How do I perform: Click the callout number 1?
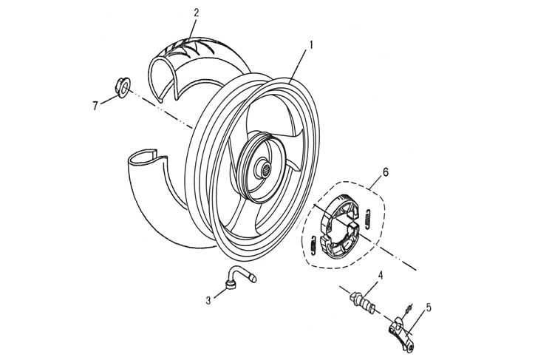(311, 44)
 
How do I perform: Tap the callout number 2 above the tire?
(196, 12)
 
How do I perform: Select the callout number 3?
(209, 300)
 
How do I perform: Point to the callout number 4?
(381, 276)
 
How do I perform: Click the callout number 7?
(95, 106)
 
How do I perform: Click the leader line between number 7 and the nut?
(107, 97)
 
